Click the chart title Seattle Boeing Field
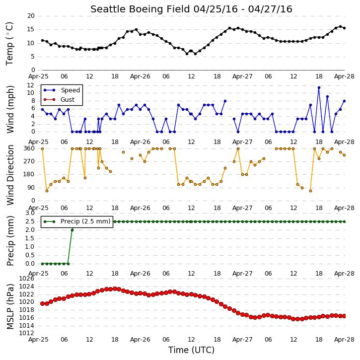pos(140,9)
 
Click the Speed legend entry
pos(62,90)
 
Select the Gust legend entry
pos(59,100)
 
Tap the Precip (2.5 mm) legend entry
pos(77,221)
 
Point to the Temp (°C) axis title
pos(9,44)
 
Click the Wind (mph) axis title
pos(10,109)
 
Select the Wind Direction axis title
pos(10,175)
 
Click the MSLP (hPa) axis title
pos(10,306)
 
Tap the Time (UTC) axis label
pos(191,350)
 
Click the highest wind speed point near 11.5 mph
pos(319,88)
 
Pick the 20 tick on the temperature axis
pos(31,16)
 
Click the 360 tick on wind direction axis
pos(29,148)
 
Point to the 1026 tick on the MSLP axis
pos(26,279)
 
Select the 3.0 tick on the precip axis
pos(30,213)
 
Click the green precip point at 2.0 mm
pos(72,230)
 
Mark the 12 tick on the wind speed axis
pos(31,85)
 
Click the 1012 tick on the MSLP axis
pos(26,333)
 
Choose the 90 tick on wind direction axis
pos(31,188)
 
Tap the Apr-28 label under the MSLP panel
pos(344,340)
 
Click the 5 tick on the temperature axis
pos(33,57)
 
